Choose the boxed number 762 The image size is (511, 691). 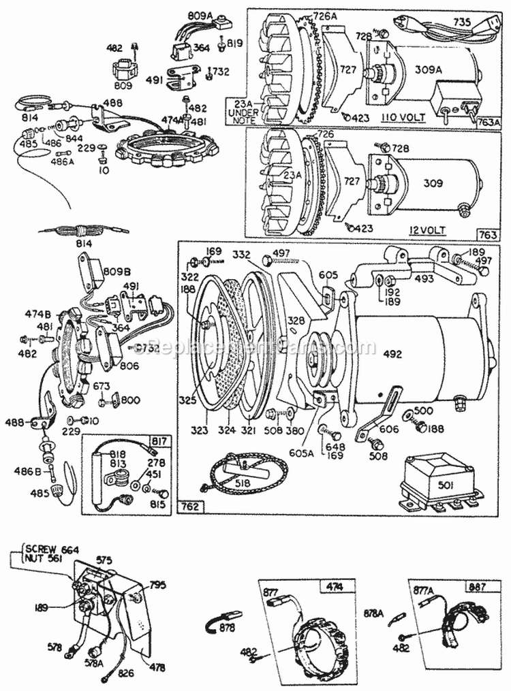tap(189, 507)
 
